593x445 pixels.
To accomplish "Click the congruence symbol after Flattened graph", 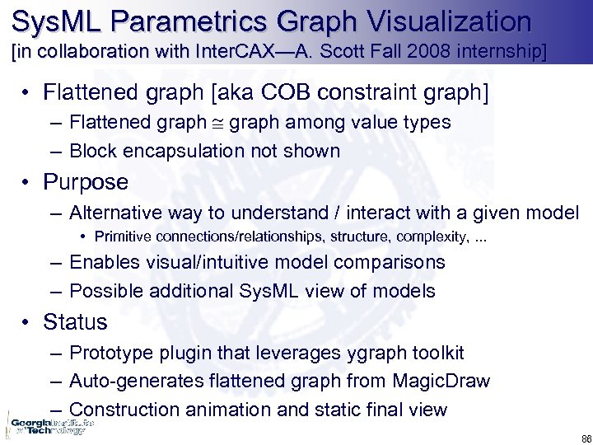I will pyautogui.click(x=217, y=123).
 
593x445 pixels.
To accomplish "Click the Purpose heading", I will pyautogui.click(x=86, y=181).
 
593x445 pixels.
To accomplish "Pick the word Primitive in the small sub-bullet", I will pyautogui.click(x=123, y=237).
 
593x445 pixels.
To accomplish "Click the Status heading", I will pyautogui.click(x=75, y=321).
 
